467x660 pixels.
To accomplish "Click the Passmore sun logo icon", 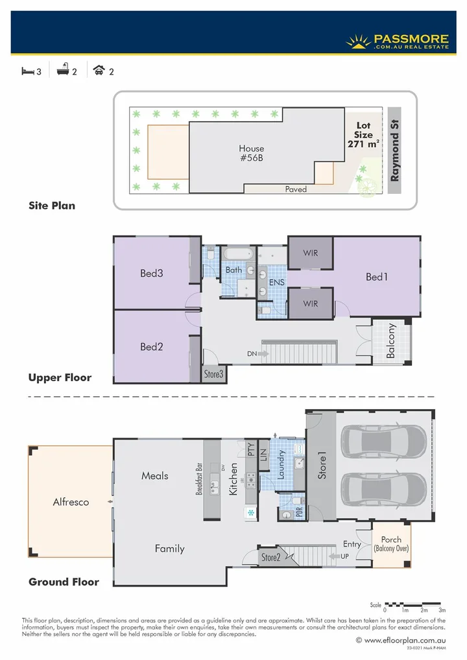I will click(x=359, y=42).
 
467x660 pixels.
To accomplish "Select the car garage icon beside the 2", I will click(x=99, y=71).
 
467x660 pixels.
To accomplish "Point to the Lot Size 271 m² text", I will click(x=363, y=135).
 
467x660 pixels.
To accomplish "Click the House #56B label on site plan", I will click(x=251, y=153).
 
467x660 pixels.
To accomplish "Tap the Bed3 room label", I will click(x=152, y=273).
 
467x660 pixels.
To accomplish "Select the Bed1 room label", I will click(x=376, y=277).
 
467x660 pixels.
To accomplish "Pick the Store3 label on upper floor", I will click(x=213, y=374).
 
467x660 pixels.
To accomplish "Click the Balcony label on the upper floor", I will click(x=391, y=341).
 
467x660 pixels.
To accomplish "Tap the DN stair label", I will click(x=252, y=354).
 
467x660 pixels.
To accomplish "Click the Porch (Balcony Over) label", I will click(x=390, y=544).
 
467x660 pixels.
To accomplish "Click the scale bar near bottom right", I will click(x=413, y=604).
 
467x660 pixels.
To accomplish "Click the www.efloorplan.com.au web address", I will click(x=403, y=640).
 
